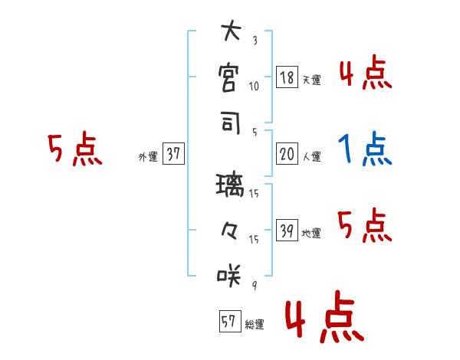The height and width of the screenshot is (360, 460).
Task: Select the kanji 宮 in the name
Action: pos(230,78)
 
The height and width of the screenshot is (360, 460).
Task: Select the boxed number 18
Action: pos(287,78)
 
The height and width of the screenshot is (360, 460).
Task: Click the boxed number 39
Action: pos(287,231)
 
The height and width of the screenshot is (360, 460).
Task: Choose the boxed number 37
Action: pos(173,155)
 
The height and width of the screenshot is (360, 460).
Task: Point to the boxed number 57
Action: pos(228,322)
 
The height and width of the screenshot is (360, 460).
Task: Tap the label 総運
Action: pos(254,325)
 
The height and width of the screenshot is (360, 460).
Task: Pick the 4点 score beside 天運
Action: pos(365,74)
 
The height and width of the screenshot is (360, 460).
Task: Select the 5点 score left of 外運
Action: pos(74,150)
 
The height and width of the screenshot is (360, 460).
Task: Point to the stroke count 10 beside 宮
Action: pos(254,87)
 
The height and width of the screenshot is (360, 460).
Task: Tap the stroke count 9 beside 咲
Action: pos(254,286)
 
